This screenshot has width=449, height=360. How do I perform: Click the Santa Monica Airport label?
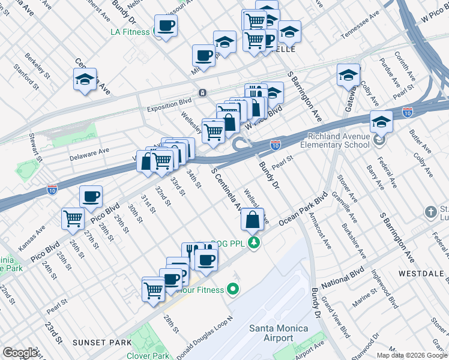[279, 333]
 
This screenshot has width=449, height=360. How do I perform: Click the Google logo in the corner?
[20, 353]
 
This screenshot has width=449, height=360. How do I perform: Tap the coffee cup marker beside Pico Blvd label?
[91, 197]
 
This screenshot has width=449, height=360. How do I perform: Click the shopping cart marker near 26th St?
[73, 219]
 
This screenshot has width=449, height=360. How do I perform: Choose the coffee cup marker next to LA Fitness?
[165, 26]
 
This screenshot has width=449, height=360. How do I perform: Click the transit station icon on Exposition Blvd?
[203, 92]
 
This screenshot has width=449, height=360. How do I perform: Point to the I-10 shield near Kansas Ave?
[53, 190]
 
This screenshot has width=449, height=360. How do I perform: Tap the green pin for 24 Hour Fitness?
[232, 290]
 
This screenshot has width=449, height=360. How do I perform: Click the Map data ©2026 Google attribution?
[411, 355]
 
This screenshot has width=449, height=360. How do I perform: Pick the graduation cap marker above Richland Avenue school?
[381, 122]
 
